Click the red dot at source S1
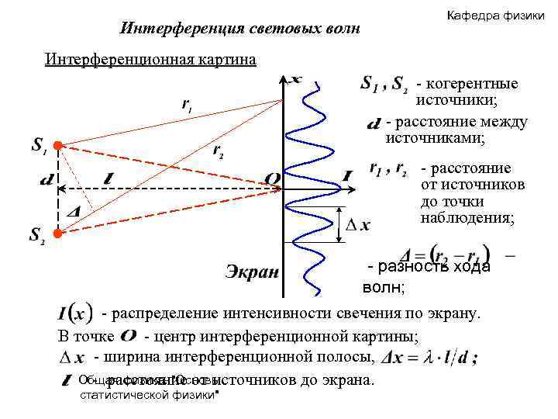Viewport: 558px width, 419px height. pyautogui.click(x=58, y=145)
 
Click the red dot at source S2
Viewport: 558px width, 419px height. pyautogui.click(x=58, y=232)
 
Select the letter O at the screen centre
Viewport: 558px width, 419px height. pyautogui.click(x=272, y=179)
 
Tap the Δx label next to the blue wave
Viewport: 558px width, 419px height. pyautogui.click(x=357, y=225)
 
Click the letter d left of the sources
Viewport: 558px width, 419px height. pyautogui.click(x=46, y=181)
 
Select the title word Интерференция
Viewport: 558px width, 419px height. pyautogui.click(x=176, y=29)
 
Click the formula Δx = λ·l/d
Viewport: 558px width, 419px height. pyautogui.click(x=431, y=358)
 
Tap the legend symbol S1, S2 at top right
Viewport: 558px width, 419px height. pyautogui.click(x=384, y=84)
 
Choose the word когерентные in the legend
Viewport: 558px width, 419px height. pyautogui.click(x=467, y=84)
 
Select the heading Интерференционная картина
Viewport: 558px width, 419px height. pyautogui.click(x=150, y=61)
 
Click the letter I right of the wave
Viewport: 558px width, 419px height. pyautogui.click(x=346, y=177)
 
